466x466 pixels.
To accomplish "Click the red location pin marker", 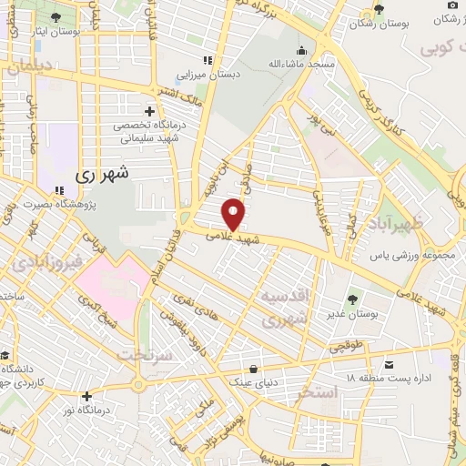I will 234,214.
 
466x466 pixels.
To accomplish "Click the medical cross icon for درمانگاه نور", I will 86,396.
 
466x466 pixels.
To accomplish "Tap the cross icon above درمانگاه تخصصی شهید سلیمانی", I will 148,110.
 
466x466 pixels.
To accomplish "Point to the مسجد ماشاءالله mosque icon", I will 301,50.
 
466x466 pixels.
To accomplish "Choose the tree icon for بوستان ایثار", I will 56,17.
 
